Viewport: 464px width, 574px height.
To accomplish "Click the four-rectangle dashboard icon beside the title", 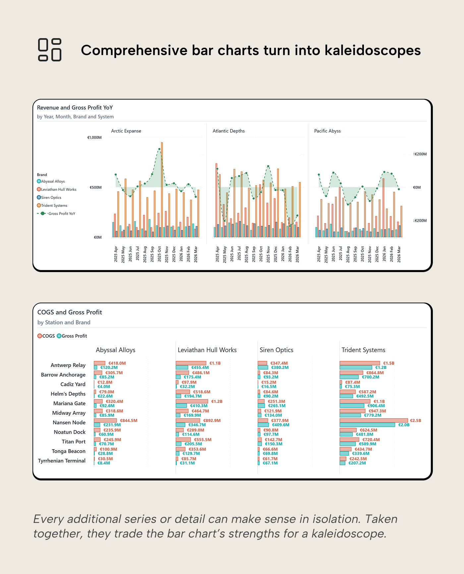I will pos(50,50).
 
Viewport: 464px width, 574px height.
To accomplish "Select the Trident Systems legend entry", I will pos(54,205).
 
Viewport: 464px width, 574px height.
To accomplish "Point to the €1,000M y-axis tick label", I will pos(94,137).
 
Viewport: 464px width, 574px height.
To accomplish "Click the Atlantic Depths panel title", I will pos(229,131).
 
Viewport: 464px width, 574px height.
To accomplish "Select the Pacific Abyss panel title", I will pos(327,131).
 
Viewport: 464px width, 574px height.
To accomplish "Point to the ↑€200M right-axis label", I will pos(420,154).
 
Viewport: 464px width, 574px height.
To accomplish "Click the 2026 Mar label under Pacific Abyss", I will pos(399,254).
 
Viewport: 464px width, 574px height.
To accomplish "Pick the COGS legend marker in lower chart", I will pos(40,336).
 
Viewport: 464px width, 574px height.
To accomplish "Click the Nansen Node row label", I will pos(69,422).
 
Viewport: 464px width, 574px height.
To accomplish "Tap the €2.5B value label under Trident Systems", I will pos(416,420).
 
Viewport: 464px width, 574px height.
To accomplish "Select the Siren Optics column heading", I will pos(276,350).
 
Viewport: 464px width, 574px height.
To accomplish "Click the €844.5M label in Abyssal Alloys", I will pos(129,420).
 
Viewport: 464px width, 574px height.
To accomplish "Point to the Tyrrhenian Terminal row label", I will pos(62,461).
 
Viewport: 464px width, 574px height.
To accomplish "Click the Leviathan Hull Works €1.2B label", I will pos(217,401).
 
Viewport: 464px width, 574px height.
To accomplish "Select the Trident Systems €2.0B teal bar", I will pos(367,425).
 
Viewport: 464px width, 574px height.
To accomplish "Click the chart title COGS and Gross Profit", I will pos(70,312).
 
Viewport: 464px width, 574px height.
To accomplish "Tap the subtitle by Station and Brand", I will pos(64,323).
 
